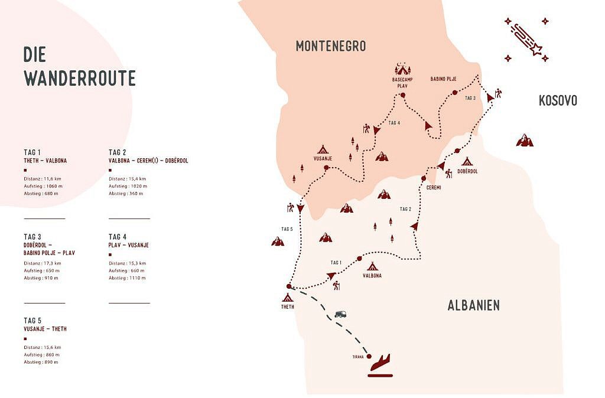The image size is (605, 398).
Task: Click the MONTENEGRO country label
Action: coord(331,45)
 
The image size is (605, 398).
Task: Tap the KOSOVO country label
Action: coord(557,100)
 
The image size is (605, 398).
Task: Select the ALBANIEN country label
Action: coord(473,305)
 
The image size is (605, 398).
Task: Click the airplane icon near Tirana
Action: coord(380,364)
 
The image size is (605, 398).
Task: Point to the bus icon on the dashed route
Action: coord(340,315)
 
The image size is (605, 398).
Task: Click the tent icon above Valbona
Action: coord(372,266)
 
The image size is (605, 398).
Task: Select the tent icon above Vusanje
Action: coord(323,149)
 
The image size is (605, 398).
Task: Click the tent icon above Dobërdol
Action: coord(467,161)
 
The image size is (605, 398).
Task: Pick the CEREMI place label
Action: coord(434,187)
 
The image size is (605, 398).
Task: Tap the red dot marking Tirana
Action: coord(369,356)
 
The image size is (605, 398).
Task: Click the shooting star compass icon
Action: coord(526,38)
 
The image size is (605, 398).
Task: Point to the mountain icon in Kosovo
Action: coord(524,140)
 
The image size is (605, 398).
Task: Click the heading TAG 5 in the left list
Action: coord(32,320)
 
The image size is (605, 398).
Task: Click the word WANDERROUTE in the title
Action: coord(80,78)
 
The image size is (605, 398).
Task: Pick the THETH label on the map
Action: coord(288,307)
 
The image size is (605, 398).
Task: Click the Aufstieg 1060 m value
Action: coord(43,186)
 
